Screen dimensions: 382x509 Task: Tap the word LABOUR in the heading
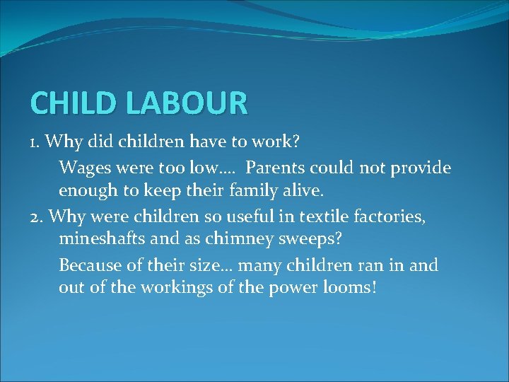pyautogui.click(x=188, y=103)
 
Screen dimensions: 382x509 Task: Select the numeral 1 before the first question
pyautogui.click(x=34, y=143)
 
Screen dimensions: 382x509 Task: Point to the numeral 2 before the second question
pyautogui.click(x=35, y=216)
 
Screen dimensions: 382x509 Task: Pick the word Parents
pyautogui.click(x=278, y=168)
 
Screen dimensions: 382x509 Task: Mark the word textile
pyautogui.click(x=329, y=216)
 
